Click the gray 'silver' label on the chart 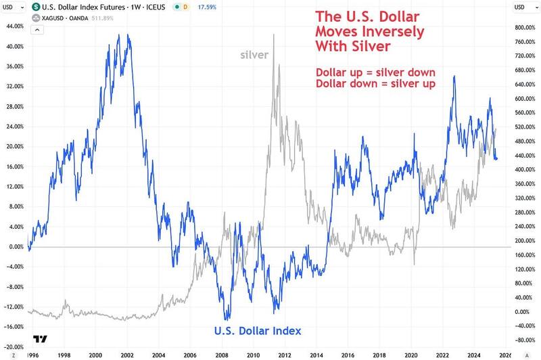tap(254, 55)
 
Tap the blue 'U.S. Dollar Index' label tap(258, 331)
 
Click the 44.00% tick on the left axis tap(16, 26)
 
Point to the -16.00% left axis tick tap(16, 326)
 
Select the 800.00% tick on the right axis tap(525, 28)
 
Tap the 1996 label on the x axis tap(32, 354)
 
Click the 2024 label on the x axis tap(473, 354)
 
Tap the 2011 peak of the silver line tap(273, 35)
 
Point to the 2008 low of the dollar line tap(225, 319)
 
